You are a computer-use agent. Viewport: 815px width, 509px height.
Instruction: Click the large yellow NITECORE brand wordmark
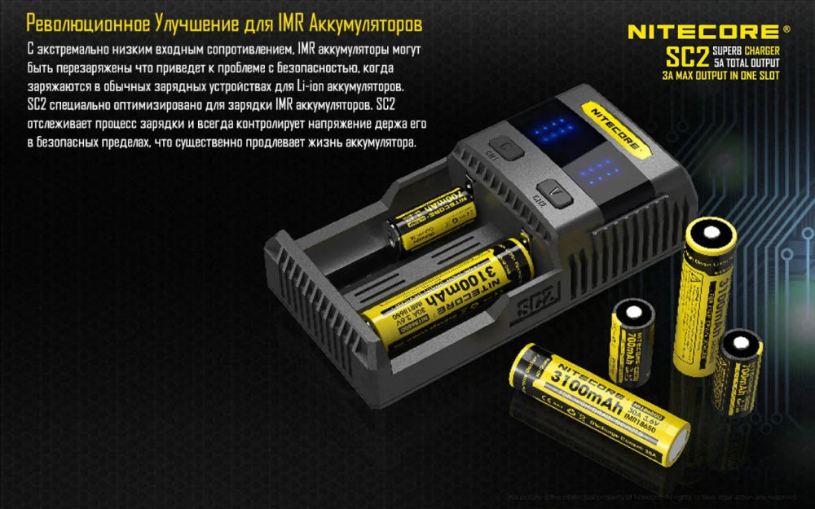[703, 32]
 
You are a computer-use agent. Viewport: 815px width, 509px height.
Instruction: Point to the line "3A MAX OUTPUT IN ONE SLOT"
[720, 76]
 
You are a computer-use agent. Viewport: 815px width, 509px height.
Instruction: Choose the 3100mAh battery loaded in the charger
[448, 296]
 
